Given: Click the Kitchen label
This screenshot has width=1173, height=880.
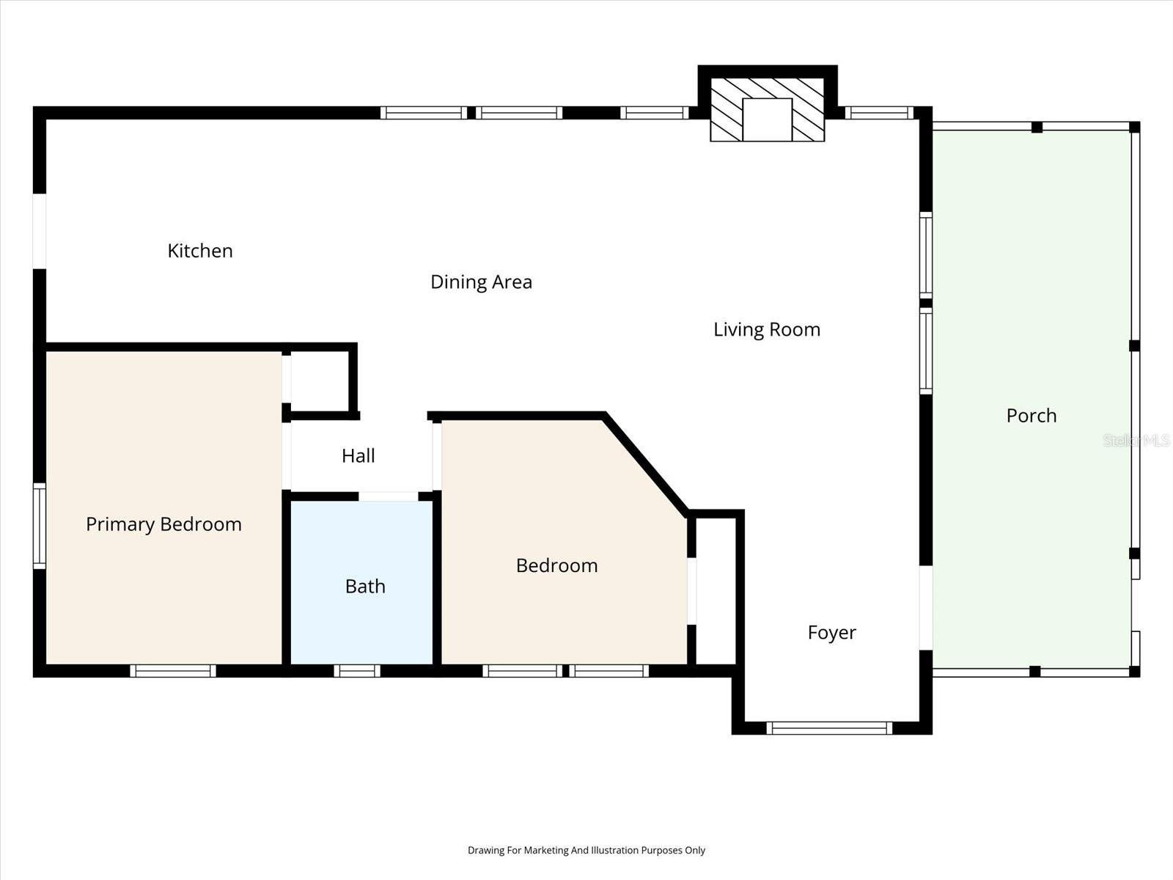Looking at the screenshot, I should coord(200,251).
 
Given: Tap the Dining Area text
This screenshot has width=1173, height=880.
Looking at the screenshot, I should coord(481,282).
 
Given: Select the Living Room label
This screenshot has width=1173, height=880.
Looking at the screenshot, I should coord(766,330).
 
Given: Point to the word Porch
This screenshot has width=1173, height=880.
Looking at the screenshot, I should coord(1031,416).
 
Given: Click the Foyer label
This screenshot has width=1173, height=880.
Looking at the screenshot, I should coord(831,633).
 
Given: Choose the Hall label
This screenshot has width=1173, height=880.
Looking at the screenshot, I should coord(358,456).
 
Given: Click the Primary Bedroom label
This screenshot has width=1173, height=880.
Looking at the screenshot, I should coord(163,524).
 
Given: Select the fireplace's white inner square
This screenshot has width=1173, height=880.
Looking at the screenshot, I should coord(767,120).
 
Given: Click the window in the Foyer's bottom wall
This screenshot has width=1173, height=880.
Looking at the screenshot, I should coord(829,728).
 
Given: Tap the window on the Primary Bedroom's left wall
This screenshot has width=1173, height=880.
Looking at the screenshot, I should coord(40,525).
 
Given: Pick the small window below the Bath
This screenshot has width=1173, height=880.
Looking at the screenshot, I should coord(357,670).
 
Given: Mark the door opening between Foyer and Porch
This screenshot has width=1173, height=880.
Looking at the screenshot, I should coord(926,608).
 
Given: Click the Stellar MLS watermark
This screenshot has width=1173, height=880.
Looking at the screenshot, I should coord(1136,440).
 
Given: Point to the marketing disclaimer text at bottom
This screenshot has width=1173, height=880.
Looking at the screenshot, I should coord(586,851).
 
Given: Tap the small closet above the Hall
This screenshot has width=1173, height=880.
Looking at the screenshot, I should coord(320,381).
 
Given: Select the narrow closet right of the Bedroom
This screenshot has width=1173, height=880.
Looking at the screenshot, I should coord(715,590).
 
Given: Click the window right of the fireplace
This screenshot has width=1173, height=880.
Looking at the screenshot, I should coord(878,113).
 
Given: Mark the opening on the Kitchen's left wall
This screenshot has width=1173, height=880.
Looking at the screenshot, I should coord(40,231).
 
